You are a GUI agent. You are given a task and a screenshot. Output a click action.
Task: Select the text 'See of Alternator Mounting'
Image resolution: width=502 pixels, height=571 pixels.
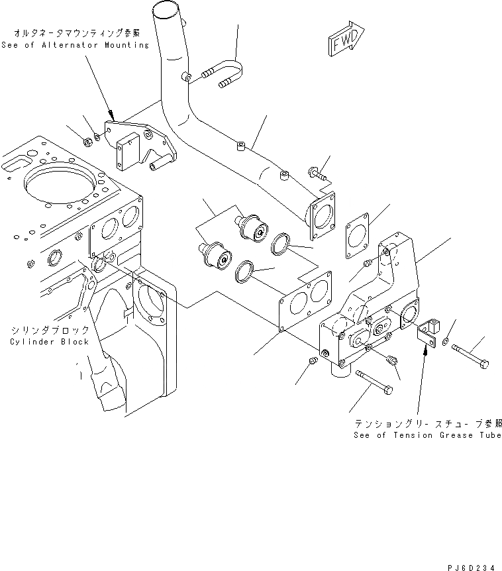[75, 44]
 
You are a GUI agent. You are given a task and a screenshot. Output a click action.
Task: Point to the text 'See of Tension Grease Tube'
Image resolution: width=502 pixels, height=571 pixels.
[427, 435]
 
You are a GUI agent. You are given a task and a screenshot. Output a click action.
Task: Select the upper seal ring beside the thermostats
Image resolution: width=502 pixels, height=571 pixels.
[280, 244]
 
